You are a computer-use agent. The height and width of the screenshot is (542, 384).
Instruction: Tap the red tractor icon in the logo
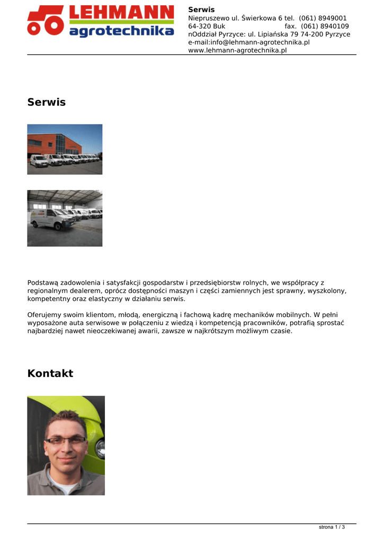tap(46, 21)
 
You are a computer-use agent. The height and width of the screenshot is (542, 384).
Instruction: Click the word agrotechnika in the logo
tap(121, 31)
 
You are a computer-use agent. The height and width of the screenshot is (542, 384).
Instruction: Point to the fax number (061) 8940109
tap(325, 26)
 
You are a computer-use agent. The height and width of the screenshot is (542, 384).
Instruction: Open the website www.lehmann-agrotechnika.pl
tap(237, 50)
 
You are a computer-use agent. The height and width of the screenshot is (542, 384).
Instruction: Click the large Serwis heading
tap(47, 102)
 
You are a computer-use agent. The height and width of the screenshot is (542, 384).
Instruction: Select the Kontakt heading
tap(50, 374)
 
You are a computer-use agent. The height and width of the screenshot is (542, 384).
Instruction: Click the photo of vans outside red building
tap(65, 149)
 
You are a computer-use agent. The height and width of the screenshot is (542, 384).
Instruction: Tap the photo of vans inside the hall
tap(65, 218)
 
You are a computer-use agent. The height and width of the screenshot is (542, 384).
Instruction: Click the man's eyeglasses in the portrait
tap(65, 440)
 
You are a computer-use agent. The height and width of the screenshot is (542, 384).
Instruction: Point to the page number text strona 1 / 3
tap(332, 527)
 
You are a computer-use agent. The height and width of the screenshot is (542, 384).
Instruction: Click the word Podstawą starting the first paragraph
tap(42, 283)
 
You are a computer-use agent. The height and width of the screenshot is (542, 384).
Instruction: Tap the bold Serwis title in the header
tap(201, 10)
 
